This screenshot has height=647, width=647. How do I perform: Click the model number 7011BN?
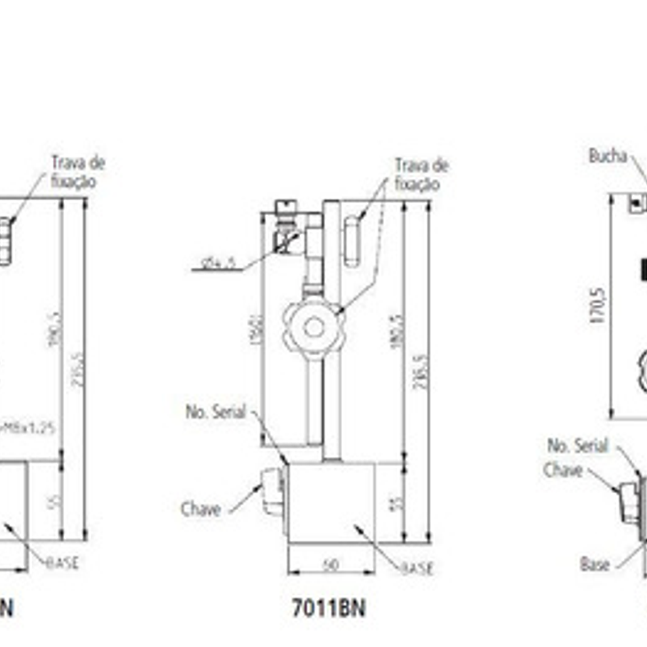click(329, 608)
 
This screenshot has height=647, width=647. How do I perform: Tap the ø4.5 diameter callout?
click(219, 263)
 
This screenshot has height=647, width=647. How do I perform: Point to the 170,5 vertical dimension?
click(597, 306)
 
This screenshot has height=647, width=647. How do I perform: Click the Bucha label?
click(607, 156)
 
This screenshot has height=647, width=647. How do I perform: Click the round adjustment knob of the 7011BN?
click(313, 327)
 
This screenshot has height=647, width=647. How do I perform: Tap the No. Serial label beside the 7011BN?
click(216, 412)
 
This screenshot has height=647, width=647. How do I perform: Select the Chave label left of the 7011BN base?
click(200, 509)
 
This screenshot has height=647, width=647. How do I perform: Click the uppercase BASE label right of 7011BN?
click(417, 568)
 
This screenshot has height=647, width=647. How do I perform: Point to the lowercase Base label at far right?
click(595, 564)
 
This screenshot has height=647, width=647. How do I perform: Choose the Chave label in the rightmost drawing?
click(562, 470)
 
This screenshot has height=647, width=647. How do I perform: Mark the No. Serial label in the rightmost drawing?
click(577, 446)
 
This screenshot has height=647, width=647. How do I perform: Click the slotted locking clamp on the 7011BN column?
click(352, 241)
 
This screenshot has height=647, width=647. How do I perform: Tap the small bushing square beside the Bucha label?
click(637, 203)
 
